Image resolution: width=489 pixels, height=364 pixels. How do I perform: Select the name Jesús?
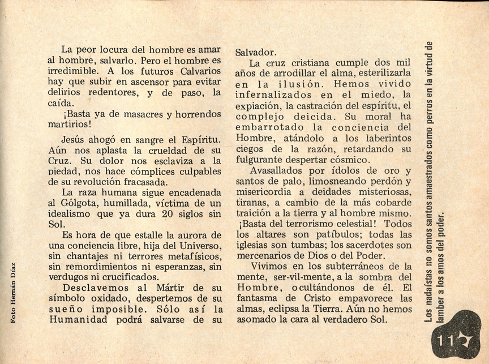[75, 139]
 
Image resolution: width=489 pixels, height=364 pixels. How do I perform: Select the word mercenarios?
[265, 255]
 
